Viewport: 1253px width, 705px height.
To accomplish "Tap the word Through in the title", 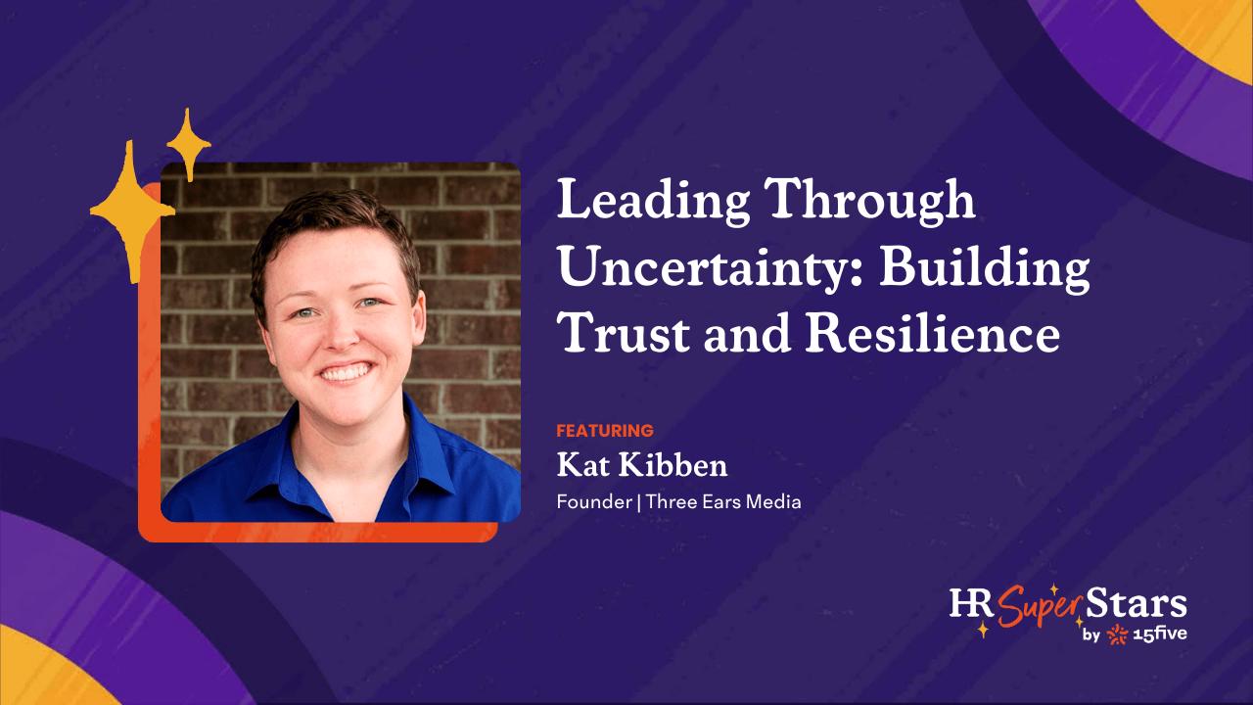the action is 872,202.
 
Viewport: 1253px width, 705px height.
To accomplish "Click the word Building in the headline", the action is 985,269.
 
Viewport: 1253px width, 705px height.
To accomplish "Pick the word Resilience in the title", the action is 933,334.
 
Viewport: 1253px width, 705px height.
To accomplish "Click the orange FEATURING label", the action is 605,431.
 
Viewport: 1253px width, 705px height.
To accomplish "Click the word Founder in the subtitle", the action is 593,502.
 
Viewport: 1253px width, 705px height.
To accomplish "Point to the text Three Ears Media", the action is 723,502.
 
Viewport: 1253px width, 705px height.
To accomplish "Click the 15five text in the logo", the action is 1160,635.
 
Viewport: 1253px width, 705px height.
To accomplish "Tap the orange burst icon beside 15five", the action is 1118,634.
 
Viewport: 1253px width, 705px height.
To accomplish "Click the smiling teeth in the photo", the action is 346,371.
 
